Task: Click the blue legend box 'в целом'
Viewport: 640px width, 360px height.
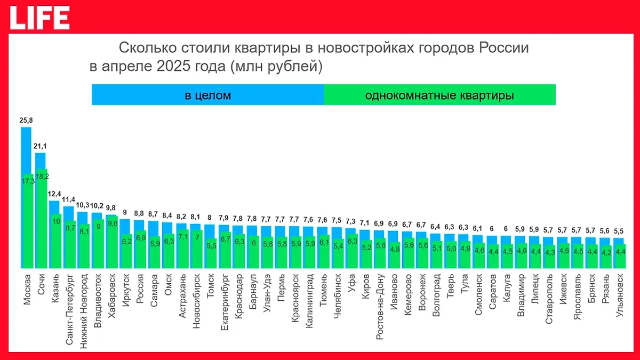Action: point(207,95)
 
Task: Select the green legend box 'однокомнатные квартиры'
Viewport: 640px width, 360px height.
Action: point(439,95)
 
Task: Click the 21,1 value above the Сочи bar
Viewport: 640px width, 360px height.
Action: point(41,147)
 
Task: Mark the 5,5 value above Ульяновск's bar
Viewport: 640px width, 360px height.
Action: point(618,231)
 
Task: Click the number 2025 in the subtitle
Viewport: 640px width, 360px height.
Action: point(155,67)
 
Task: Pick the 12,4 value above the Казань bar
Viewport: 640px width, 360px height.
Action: point(54,194)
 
